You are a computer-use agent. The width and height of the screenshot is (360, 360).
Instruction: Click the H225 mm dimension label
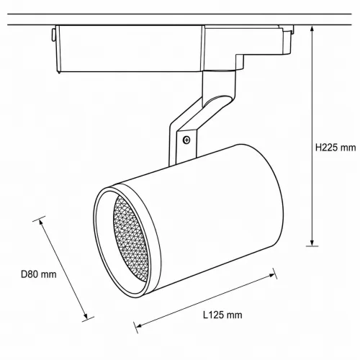tap(336, 148)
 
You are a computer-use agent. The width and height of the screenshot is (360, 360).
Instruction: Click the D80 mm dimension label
tap(39, 274)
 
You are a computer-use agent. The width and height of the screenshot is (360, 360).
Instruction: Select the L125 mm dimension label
tap(222, 315)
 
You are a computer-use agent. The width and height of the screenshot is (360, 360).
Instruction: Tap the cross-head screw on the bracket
tap(186, 140)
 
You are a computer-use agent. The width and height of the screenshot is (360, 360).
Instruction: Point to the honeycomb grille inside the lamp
tap(131, 239)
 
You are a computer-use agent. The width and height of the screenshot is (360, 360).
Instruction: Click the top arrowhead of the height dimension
tap(312, 29)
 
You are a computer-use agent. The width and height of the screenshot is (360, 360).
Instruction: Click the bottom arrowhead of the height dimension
tap(312, 243)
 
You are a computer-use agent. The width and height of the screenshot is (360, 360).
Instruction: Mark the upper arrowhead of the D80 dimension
tap(41, 222)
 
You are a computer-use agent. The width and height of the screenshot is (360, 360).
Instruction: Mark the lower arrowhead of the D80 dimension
tap(86, 315)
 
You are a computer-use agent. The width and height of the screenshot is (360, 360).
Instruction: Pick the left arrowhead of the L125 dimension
tap(139, 325)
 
